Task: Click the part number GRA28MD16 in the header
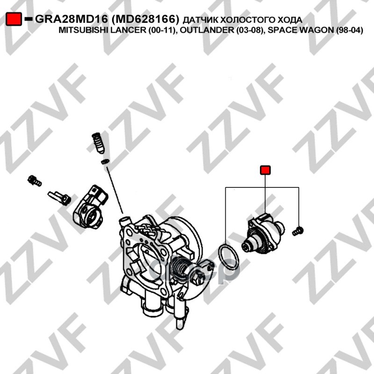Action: click(72, 19)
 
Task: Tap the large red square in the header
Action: click(14, 19)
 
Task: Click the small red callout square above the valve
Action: click(265, 170)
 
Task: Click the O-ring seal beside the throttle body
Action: click(229, 256)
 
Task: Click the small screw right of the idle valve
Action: click(298, 231)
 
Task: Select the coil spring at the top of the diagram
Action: click(98, 143)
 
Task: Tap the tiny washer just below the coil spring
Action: click(105, 161)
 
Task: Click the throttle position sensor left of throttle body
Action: click(90, 207)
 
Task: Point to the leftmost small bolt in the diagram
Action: click(35, 180)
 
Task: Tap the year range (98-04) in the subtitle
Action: click(349, 30)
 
